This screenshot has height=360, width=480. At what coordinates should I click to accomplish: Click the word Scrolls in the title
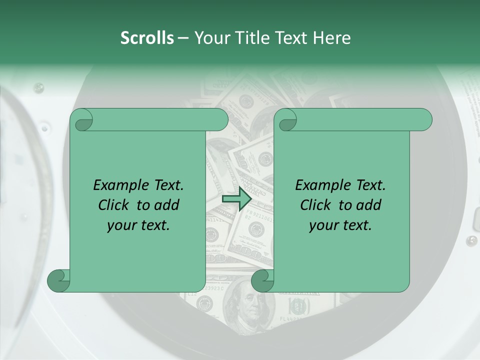click(147, 38)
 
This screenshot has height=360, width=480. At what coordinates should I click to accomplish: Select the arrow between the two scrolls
click(236, 199)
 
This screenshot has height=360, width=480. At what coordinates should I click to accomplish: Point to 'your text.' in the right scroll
click(340, 225)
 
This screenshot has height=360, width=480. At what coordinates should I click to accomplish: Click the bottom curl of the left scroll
click(58, 280)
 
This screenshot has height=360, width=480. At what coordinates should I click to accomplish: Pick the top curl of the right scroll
click(286, 120)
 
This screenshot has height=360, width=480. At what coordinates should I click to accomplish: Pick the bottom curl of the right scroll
click(262, 280)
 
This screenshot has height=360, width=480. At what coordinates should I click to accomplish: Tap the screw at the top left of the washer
click(38, 88)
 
